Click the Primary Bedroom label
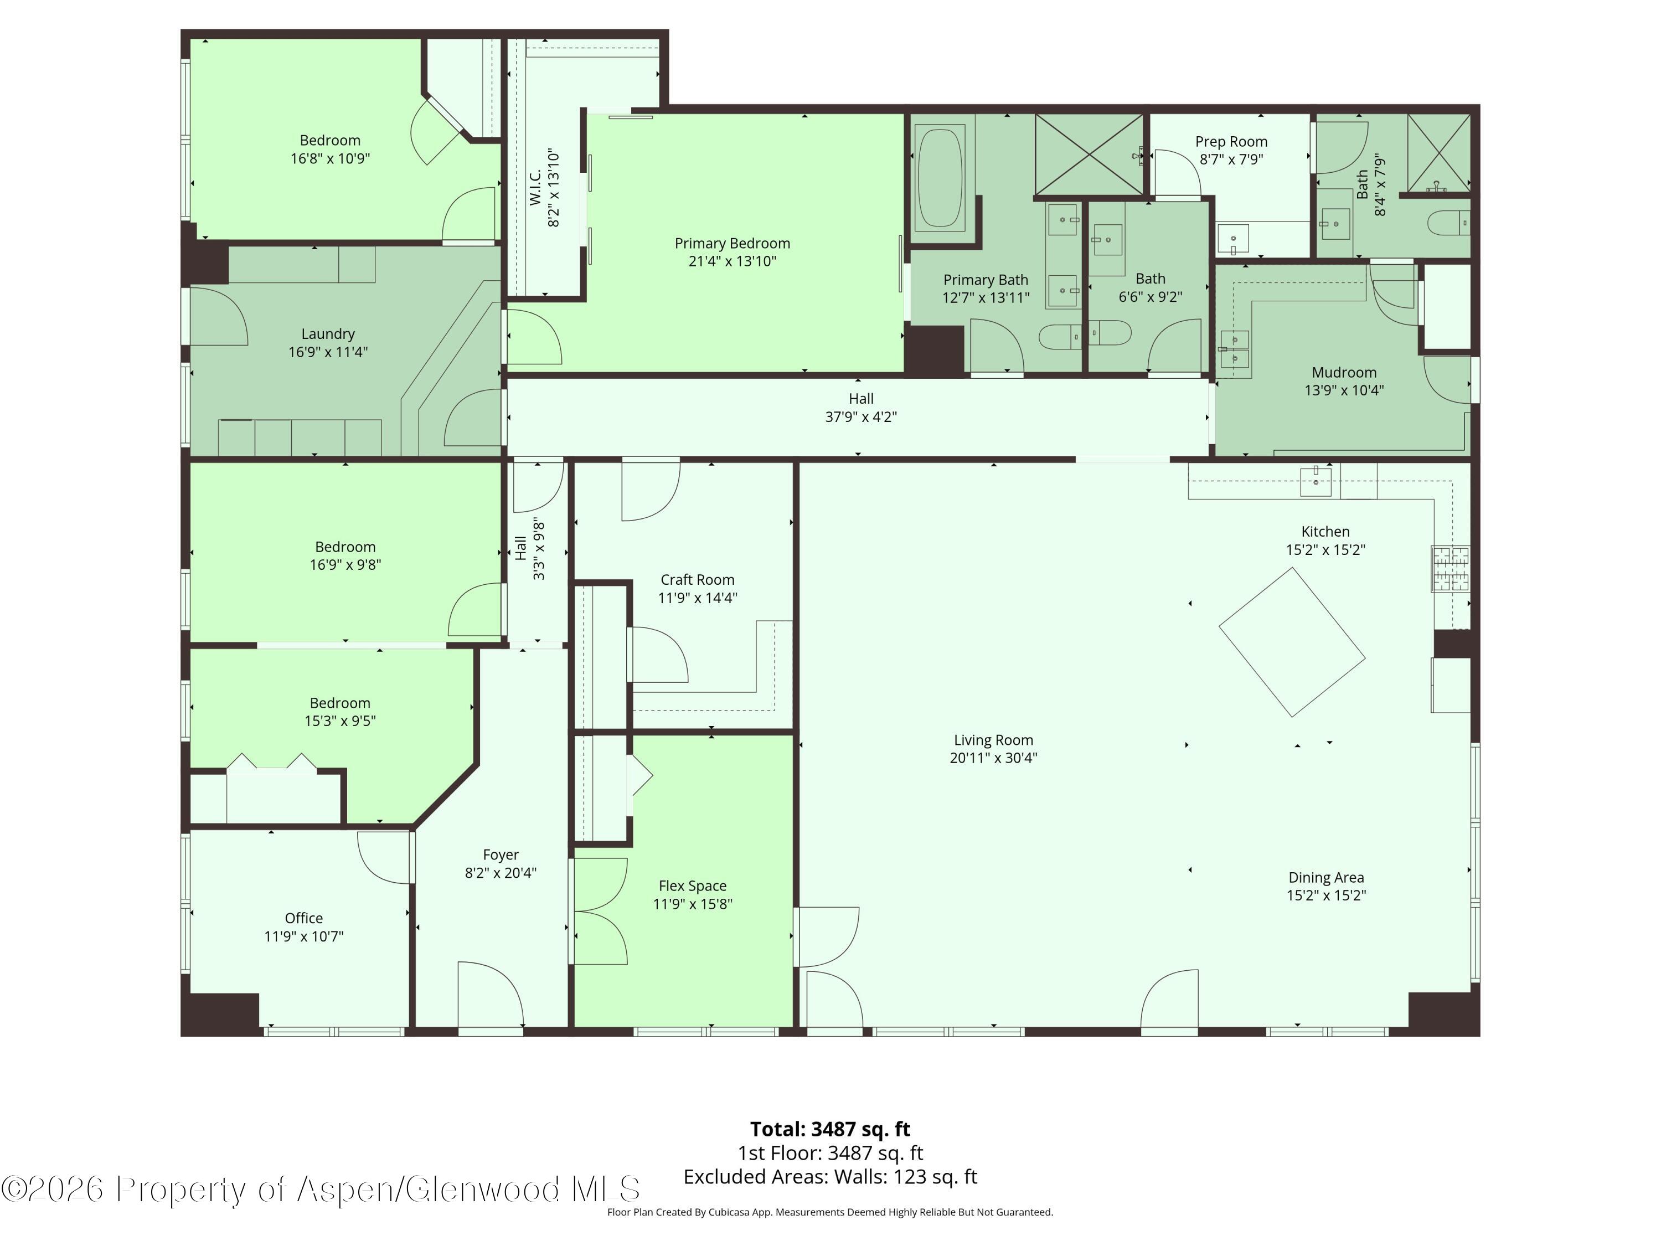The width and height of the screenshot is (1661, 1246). pyautogui.click(x=731, y=243)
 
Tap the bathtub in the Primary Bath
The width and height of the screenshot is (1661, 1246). pyautogui.click(x=940, y=177)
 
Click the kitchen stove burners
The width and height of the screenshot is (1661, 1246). pyautogui.click(x=1450, y=569)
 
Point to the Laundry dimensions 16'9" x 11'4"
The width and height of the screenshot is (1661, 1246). pyautogui.click(x=328, y=352)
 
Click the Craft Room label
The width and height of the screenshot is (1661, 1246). pyautogui.click(x=697, y=580)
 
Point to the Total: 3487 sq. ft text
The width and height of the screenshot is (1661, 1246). pyautogui.click(x=830, y=1129)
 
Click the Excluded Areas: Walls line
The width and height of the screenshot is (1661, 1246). pyautogui.click(x=830, y=1176)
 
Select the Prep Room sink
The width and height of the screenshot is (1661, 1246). pyautogui.click(x=1232, y=239)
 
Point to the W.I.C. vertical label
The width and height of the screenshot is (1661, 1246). pyautogui.click(x=535, y=187)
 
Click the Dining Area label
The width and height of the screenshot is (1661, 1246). pyautogui.click(x=1325, y=877)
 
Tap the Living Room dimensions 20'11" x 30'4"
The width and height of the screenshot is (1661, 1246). pyautogui.click(x=993, y=758)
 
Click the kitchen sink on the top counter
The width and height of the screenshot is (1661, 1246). pyautogui.click(x=1316, y=480)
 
